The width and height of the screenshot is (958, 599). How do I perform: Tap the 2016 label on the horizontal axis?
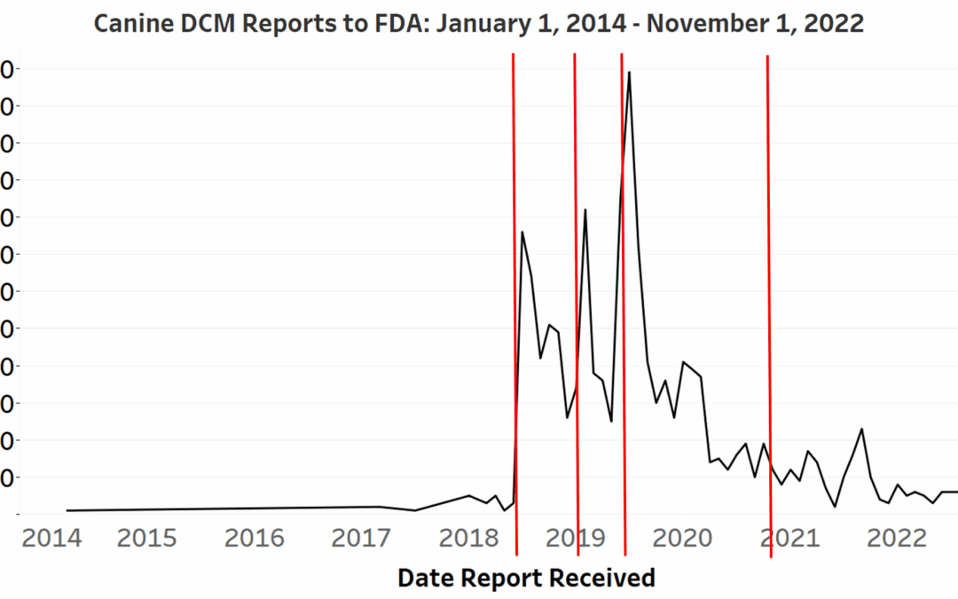click(255, 538)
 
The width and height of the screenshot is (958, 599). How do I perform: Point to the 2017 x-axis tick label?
click(360, 538)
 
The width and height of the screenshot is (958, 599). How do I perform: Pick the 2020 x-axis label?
click(682, 538)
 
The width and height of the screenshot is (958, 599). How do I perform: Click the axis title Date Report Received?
click(526, 578)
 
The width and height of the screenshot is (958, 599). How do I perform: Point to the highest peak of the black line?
click(630, 73)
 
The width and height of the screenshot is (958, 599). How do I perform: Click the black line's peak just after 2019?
click(585, 209)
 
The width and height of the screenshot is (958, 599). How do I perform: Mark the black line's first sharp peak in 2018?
click(522, 233)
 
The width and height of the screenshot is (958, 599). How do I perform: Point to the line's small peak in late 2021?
click(861, 430)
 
